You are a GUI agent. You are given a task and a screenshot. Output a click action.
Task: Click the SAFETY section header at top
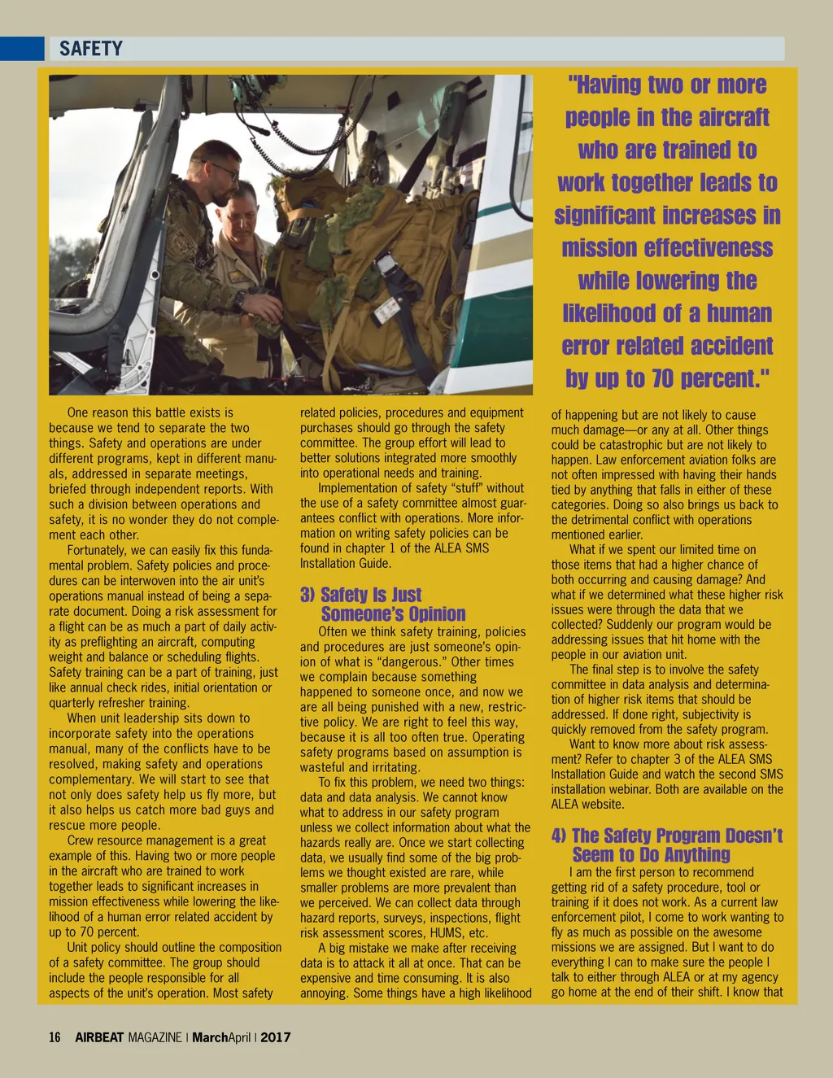(x=90, y=49)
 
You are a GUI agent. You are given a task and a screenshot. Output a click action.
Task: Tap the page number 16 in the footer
(x=55, y=1037)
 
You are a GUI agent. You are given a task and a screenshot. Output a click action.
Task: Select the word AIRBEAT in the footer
(x=99, y=1037)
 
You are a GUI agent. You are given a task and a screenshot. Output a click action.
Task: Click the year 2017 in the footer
(x=276, y=1037)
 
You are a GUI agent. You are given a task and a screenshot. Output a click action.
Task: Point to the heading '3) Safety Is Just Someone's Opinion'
(x=382, y=604)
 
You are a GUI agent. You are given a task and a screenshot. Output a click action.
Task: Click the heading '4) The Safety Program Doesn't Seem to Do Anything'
(x=666, y=845)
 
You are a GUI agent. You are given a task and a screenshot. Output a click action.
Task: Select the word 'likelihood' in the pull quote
(x=609, y=313)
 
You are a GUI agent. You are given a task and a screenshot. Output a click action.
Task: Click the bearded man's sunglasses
(x=224, y=172)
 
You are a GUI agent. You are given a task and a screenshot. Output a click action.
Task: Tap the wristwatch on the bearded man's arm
(x=239, y=299)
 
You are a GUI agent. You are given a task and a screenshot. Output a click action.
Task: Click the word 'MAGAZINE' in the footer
(x=155, y=1037)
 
